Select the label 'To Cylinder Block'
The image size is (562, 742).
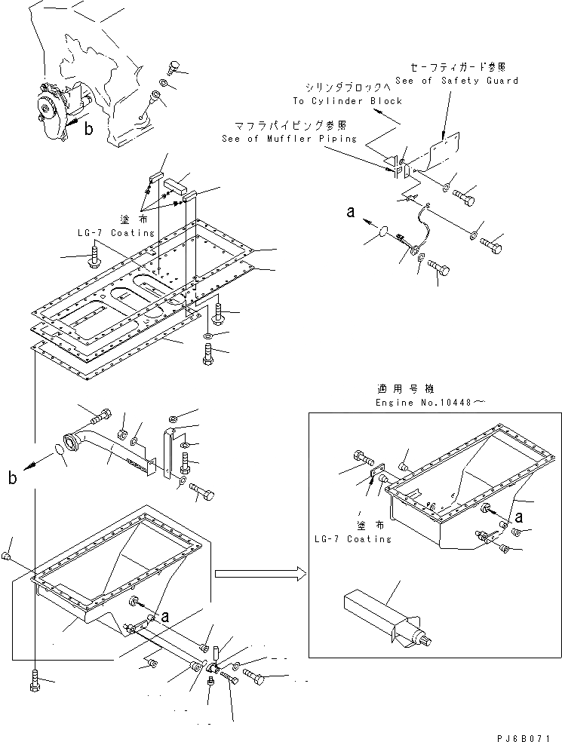pyautogui.click(x=347, y=101)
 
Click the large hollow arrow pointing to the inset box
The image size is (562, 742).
pyautogui.click(x=260, y=574)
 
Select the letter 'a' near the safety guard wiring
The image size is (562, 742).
pyautogui.click(x=350, y=213)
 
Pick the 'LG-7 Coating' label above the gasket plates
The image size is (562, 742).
pyautogui.click(x=115, y=233)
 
